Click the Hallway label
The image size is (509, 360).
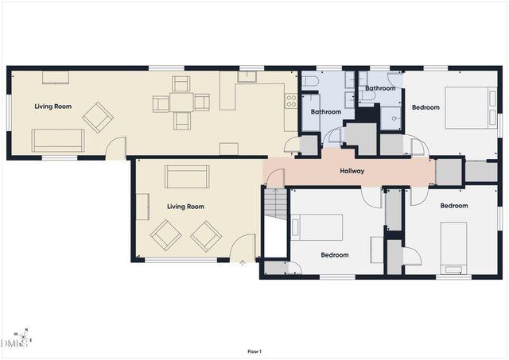coord(352,171)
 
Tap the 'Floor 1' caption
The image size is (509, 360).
coord(254,351)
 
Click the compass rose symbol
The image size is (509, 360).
coord(23,337)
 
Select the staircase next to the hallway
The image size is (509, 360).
coord(276,203)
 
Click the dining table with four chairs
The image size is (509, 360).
coord(181,103)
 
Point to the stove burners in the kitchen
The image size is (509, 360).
coord(291,101)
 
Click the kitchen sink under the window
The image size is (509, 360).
coord(247,76)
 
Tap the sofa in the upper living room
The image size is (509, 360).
coord(58,141)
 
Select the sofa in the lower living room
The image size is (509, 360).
coord(187,176)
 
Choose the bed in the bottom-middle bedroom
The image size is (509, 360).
coord(317,227)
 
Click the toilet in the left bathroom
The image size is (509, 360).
coord(311,81)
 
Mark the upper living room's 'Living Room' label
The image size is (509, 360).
coord(53,106)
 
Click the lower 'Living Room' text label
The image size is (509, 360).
coord(185,207)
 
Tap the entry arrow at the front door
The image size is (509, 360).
coord(243,263)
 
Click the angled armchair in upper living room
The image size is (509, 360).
coord(98,118)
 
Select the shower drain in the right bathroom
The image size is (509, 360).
coord(394,118)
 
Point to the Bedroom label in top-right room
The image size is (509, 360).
coord(425,107)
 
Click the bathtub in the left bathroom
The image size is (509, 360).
coord(311,113)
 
